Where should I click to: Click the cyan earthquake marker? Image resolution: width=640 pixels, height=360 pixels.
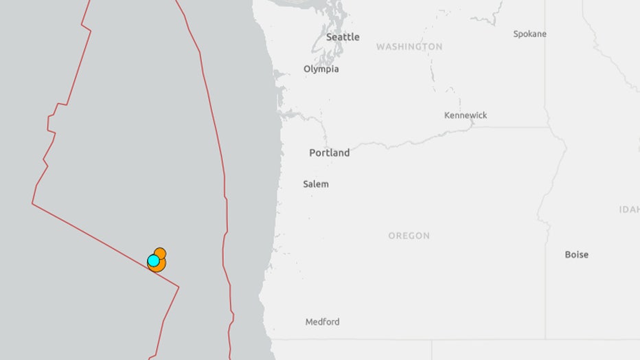point(153,260)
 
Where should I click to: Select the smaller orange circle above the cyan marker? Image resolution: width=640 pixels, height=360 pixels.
point(160,252)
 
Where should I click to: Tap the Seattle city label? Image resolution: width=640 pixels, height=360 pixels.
point(343,37)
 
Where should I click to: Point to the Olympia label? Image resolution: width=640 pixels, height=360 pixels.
point(321,69)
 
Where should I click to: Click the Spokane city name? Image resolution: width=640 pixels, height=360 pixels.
point(529,34)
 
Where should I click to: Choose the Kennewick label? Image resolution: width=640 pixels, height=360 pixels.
point(466,115)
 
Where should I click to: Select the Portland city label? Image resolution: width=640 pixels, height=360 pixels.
point(329,153)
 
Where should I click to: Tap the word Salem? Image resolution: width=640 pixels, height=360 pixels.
point(316,184)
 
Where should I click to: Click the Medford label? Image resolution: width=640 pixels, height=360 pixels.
point(323,322)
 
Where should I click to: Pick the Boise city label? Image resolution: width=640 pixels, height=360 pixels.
point(576,254)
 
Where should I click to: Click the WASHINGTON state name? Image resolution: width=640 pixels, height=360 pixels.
point(409,47)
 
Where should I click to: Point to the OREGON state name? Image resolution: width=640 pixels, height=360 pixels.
point(409,236)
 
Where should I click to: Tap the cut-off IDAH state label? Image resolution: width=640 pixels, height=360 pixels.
point(629,210)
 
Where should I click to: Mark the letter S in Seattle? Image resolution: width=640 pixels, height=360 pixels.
point(329,37)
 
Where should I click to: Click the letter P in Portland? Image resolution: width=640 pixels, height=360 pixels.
point(312,153)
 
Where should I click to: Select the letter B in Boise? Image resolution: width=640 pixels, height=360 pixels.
point(568,254)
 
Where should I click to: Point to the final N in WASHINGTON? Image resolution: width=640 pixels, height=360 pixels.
point(439,47)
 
